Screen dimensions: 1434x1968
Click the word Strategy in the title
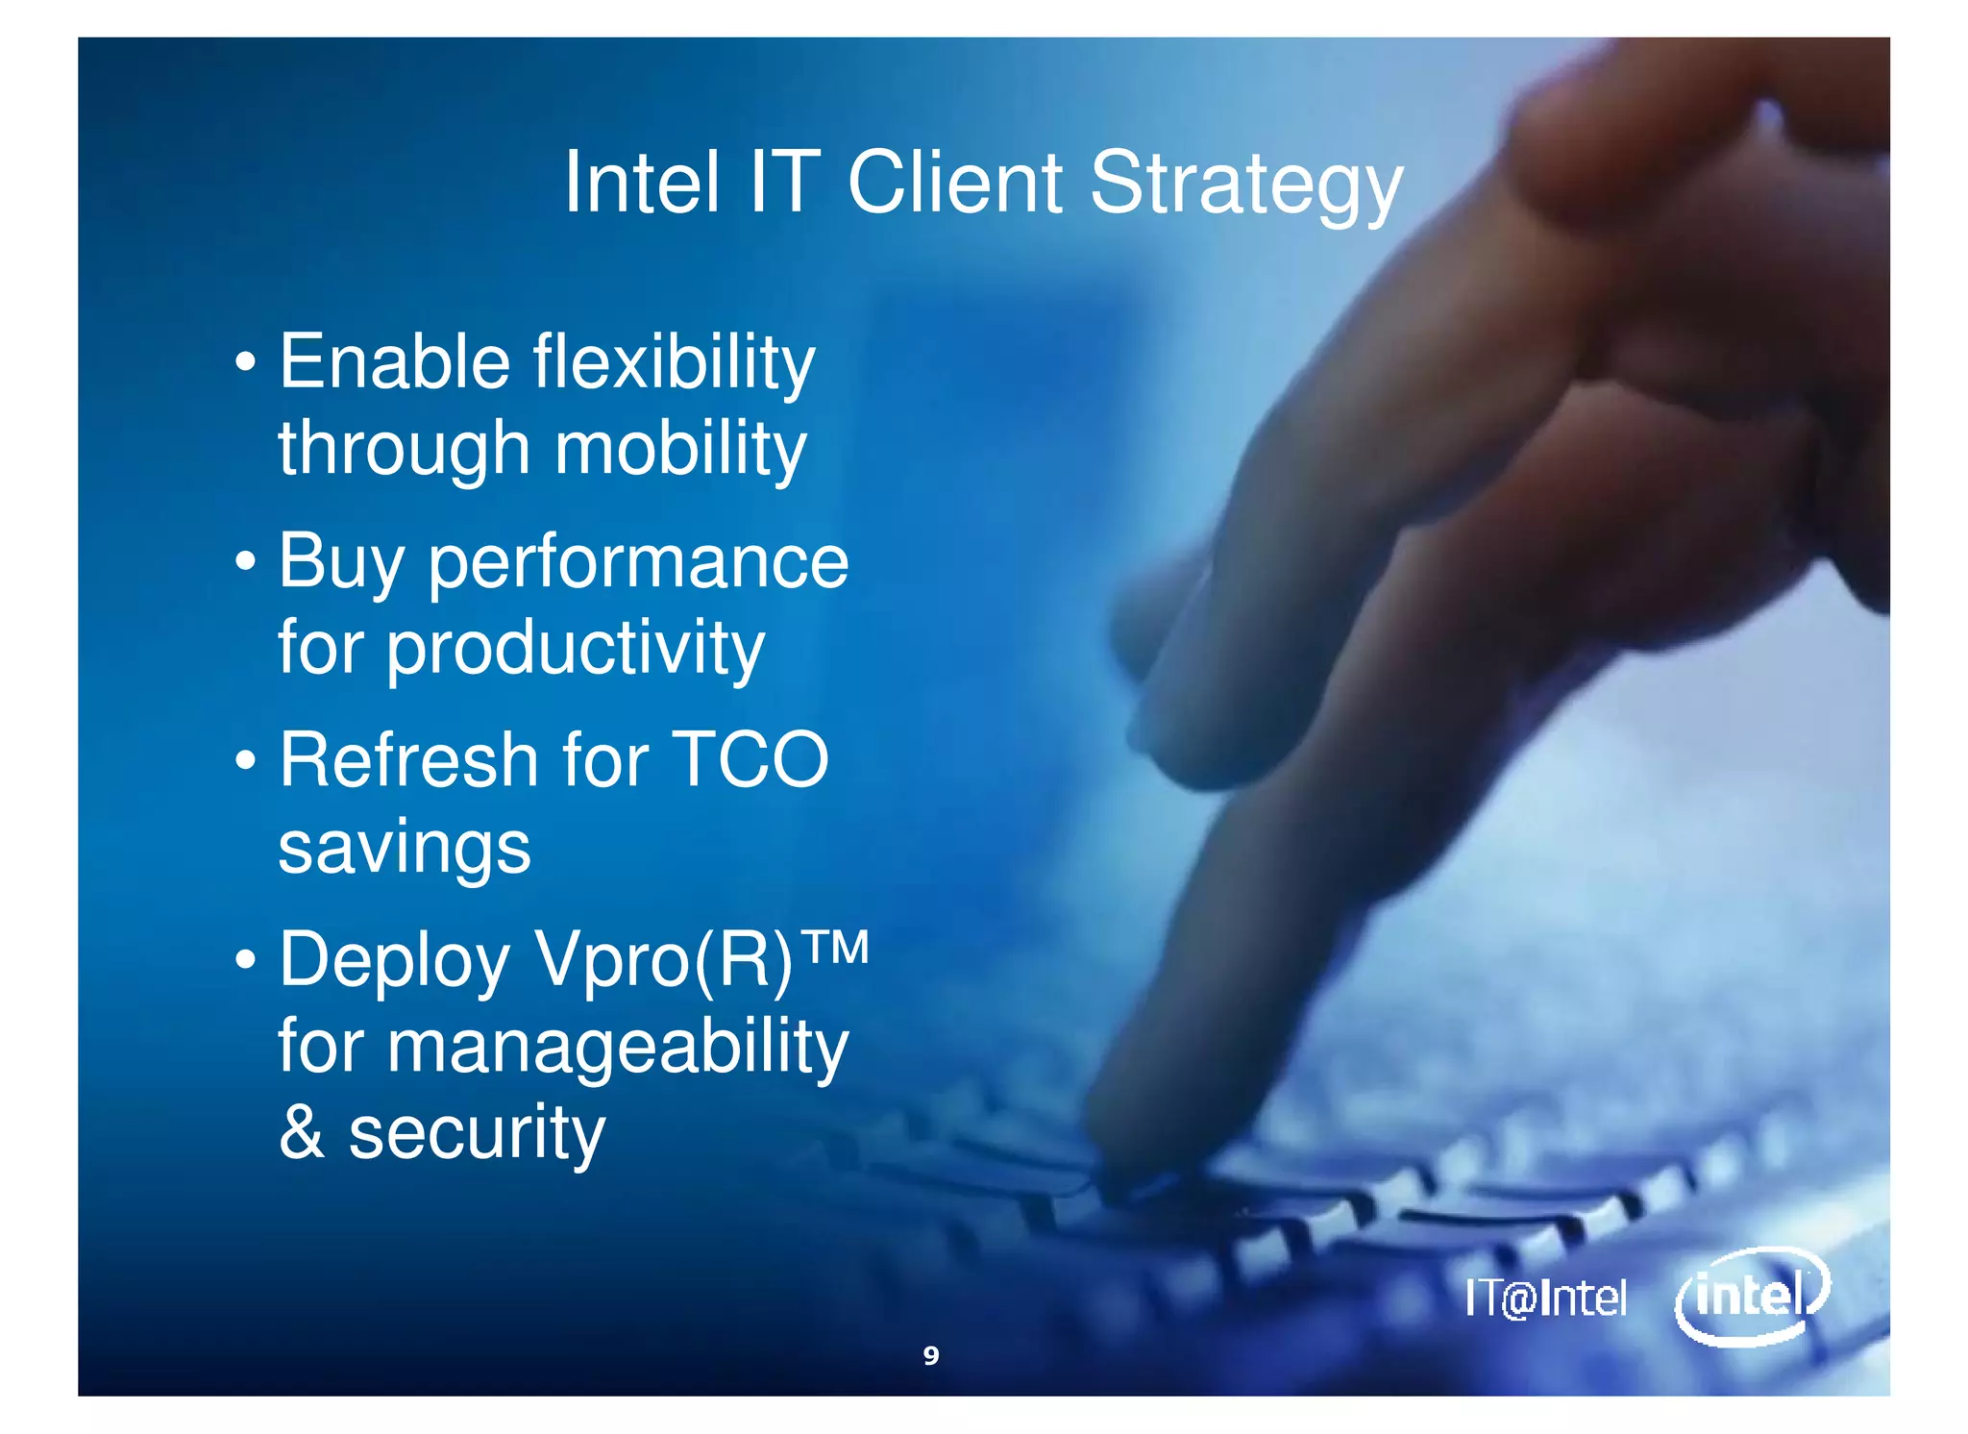point(1245,185)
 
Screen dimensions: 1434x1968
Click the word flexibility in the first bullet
point(674,363)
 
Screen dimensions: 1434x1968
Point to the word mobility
point(680,450)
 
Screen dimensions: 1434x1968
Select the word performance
point(638,563)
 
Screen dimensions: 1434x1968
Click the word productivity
point(575,649)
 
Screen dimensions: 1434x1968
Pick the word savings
point(404,848)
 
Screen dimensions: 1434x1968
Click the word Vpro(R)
point(663,959)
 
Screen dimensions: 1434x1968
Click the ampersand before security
point(301,1132)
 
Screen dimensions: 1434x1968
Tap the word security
point(477,1134)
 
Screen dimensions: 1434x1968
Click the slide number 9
point(930,1355)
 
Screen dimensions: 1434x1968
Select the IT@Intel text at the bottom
point(1545,1298)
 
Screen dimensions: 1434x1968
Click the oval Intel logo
point(1751,1297)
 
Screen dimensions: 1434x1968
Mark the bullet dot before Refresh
point(246,761)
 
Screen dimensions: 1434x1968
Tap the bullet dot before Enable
point(246,363)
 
